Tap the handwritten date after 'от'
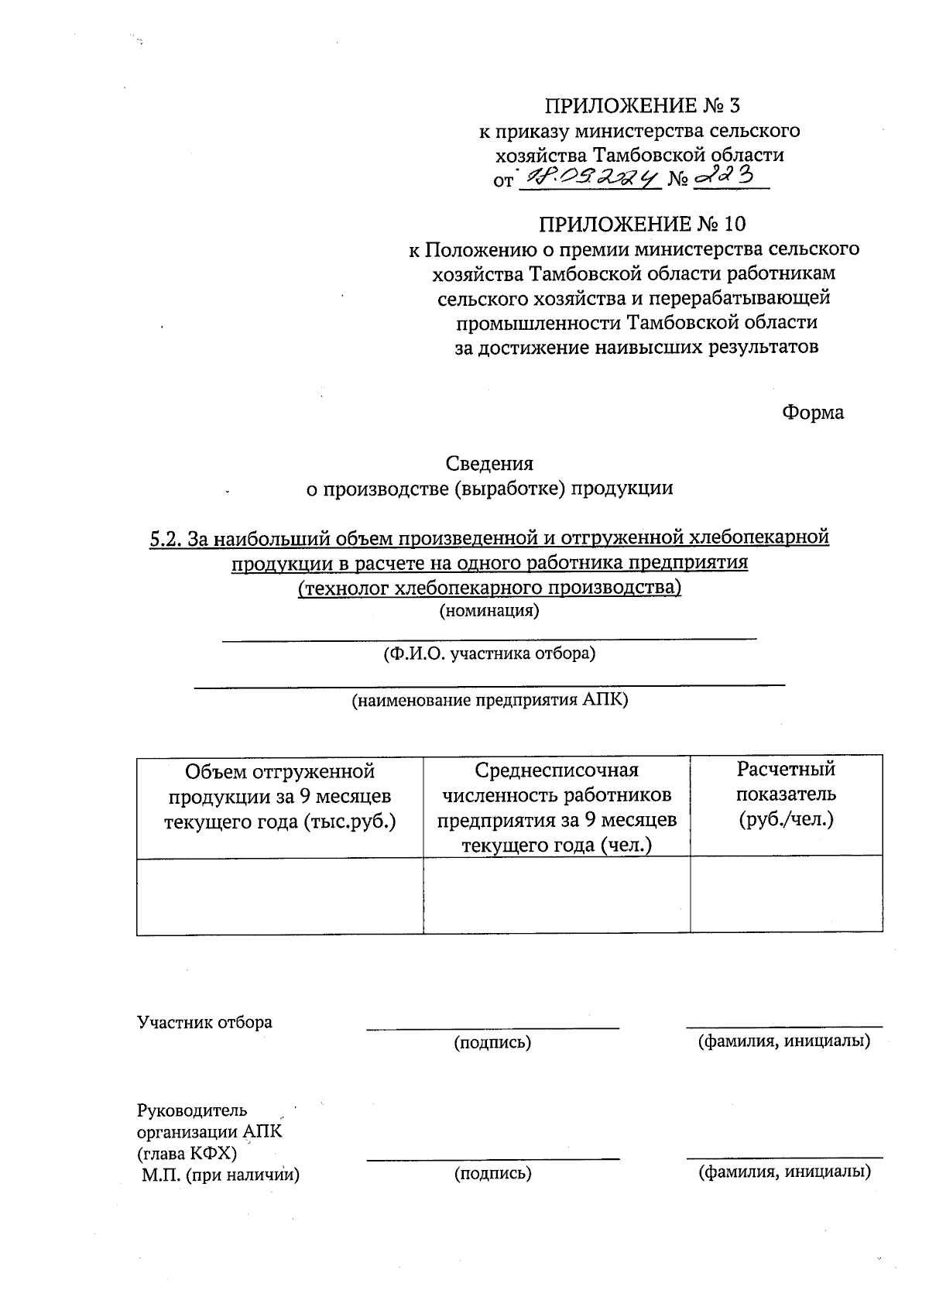point(588,177)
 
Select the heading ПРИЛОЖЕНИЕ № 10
point(642,225)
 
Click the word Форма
point(812,412)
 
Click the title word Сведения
point(489,464)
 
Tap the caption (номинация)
point(488,611)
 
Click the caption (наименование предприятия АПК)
point(489,701)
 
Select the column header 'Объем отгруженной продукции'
point(279,796)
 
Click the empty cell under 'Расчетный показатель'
point(786,895)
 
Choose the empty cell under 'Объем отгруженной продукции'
point(279,895)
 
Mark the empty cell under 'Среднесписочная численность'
point(556,895)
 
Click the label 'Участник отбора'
point(204,1022)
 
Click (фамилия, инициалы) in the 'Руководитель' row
point(784,1172)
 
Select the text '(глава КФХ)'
point(187,1154)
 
